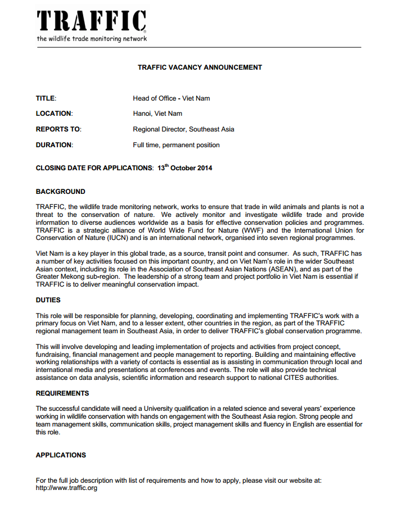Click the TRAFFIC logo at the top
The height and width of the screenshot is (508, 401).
coord(91,21)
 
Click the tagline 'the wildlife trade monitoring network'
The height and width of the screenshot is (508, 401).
coord(92,39)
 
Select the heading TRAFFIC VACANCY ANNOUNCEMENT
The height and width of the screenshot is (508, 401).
coord(200,67)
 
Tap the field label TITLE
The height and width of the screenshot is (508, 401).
coord(46,98)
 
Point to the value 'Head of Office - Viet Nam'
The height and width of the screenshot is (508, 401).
coord(171,98)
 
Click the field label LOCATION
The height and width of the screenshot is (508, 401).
coord(54,114)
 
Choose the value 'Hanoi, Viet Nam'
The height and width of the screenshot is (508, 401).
coord(157,114)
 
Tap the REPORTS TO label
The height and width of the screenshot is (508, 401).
coord(58,129)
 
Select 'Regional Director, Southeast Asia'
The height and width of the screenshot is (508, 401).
coord(183,129)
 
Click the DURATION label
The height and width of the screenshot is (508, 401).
coord(54,145)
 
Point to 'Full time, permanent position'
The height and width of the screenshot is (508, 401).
coord(176,145)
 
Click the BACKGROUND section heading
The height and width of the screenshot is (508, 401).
coord(61,192)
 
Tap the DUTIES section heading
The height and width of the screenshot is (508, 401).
coord(48,300)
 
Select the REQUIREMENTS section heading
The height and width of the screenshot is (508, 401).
coord(62,393)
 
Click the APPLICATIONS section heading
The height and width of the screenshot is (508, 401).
coord(61,455)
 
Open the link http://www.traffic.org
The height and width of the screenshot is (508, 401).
coord(66,488)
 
